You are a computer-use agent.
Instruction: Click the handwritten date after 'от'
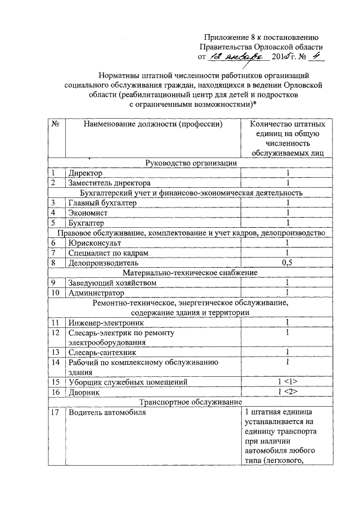[237, 57]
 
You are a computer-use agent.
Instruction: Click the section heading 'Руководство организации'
[191, 163]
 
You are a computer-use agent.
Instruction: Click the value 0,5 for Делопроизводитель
[287, 263]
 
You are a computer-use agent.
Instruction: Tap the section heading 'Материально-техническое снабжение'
[191, 273]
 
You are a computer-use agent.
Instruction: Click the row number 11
[55, 323]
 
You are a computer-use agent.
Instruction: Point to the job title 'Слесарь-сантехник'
[103, 353]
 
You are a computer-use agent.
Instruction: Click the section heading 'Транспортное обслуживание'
[191, 403]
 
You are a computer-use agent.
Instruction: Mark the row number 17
[55, 414]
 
